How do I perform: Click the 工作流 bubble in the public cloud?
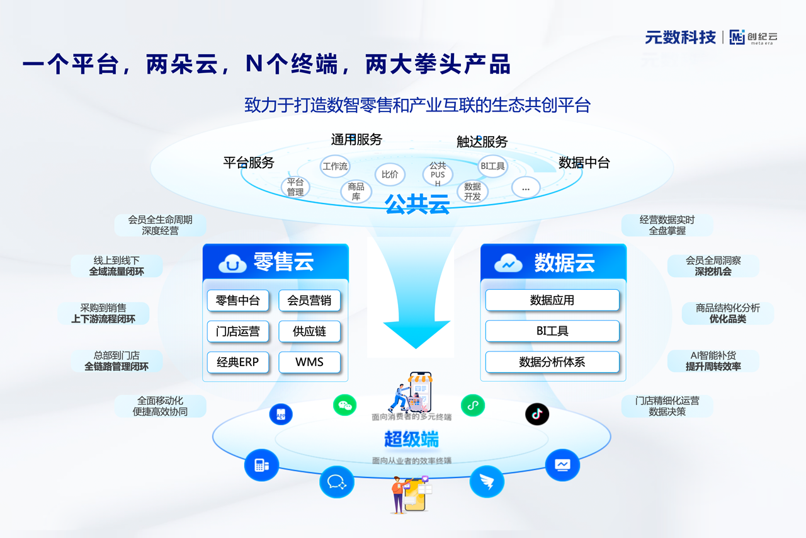(x=335, y=166)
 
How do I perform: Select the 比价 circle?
(x=390, y=175)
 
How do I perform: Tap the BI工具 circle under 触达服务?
(x=492, y=166)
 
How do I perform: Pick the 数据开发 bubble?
(x=472, y=192)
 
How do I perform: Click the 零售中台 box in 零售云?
(x=238, y=300)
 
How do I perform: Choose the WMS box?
(x=309, y=362)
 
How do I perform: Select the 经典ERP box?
(x=238, y=362)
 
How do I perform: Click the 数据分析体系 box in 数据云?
(x=552, y=362)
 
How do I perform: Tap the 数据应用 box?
(x=552, y=300)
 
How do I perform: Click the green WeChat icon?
(x=344, y=405)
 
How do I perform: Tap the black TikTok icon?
(x=537, y=414)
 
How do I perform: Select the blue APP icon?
(x=281, y=415)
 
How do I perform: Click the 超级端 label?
(x=411, y=439)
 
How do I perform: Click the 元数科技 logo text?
(x=680, y=37)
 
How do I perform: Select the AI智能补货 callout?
(x=713, y=361)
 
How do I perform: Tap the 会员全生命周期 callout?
(x=160, y=225)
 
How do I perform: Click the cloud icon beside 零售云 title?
(x=232, y=264)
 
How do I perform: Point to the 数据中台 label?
(x=584, y=163)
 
